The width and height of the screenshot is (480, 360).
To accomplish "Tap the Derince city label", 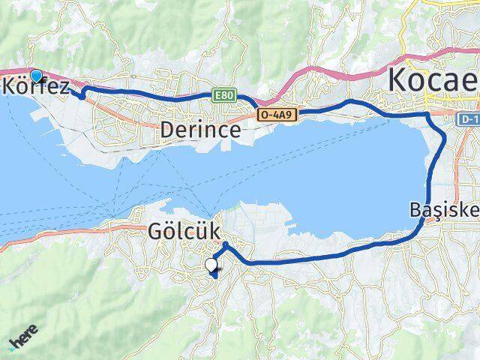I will [x=200, y=130].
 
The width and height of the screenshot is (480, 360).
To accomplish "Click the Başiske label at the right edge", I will [x=445, y=209].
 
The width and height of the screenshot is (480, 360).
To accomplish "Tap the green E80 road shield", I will [x=224, y=95].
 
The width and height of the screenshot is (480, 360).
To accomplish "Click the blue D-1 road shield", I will [x=469, y=118].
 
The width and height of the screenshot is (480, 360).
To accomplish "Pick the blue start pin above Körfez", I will [x=35, y=75].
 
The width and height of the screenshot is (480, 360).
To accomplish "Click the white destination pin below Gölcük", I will [x=213, y=265].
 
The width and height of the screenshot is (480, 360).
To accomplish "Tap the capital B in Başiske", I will [x=417, y=209].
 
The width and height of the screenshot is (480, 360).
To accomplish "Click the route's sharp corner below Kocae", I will [x=428, y=114].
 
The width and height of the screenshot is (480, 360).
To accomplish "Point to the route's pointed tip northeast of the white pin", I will [x=224, y=244].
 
